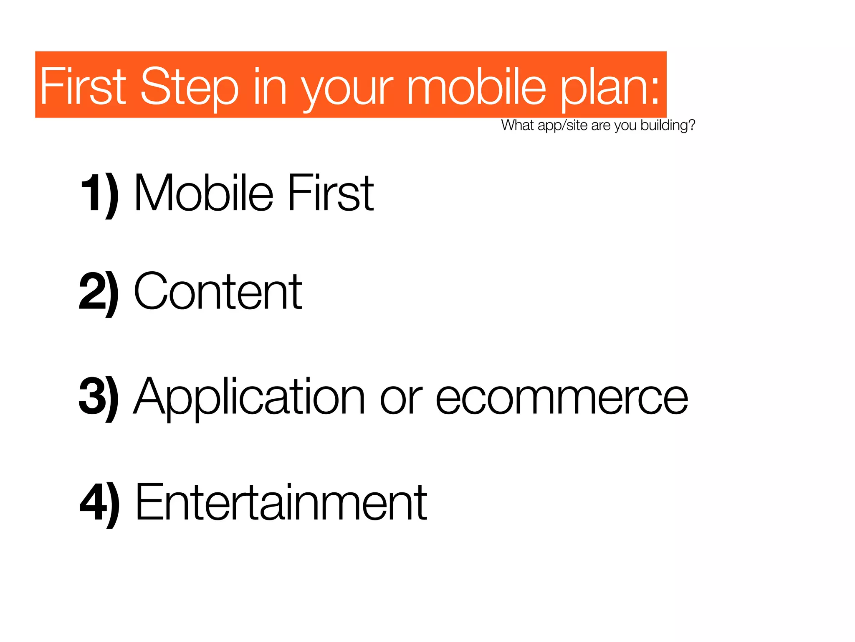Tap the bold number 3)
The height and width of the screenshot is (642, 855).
99,397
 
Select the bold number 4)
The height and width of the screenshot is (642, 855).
99,503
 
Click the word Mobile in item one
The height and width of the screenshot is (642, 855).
204,193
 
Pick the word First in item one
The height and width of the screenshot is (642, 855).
331,193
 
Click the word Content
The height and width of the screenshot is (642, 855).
218,292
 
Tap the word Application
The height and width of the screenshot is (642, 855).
250,397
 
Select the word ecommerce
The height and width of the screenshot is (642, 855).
562,397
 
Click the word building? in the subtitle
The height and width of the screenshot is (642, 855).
668,125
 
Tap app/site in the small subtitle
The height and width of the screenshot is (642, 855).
562,125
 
